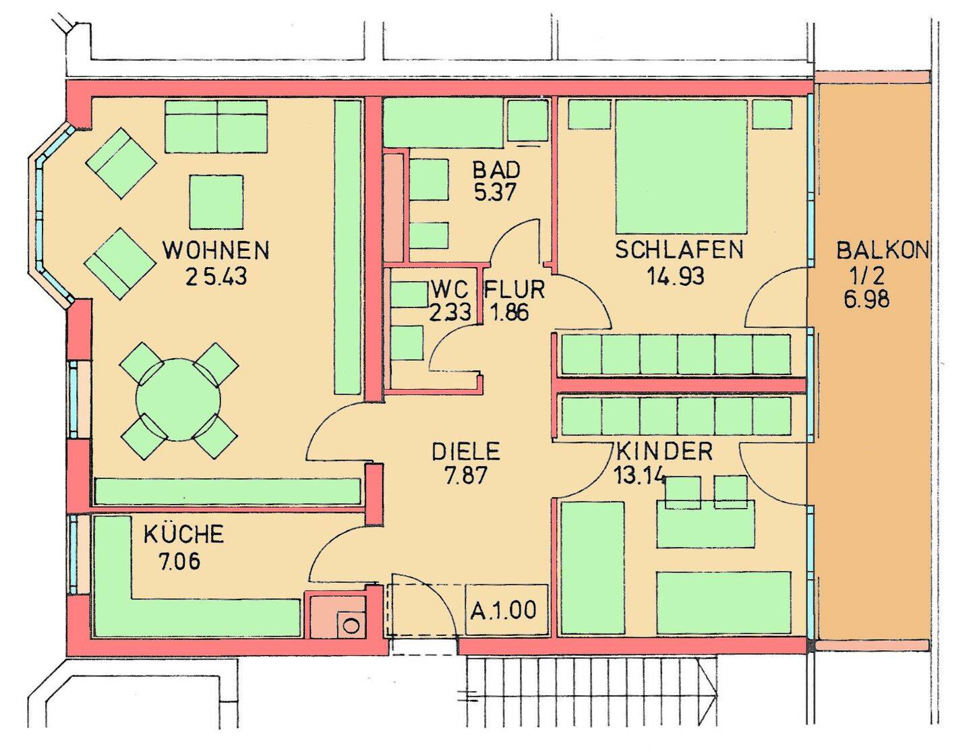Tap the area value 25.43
coord(216,277)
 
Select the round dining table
coord(178,400)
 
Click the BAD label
coord(496,170)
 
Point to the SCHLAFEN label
coord(679,250)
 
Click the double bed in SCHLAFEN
coord(682,167)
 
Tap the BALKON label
coord(882,250)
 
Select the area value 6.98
coord(867,299)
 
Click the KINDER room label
coord(664,451)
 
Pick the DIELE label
coord(466,451)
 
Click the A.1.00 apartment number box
coord(506,610)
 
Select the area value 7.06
coord(179,561)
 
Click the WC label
coord(450,289)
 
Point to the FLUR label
coord(514,289)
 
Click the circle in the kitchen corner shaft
coord(352,625)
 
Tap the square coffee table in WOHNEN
coord(216,202)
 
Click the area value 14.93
coord(675,276)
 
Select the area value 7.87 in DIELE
coord(465,476)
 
